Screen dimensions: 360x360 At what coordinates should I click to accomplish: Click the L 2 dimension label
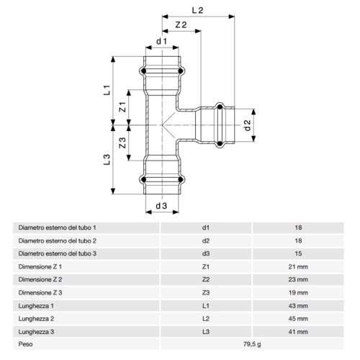point(197,10)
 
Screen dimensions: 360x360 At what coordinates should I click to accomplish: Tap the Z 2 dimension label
point(181,24)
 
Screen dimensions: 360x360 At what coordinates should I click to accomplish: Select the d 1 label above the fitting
point(161,41)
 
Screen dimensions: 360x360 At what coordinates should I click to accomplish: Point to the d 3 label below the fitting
point(161,206)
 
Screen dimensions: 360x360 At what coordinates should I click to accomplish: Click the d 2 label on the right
point(247,125)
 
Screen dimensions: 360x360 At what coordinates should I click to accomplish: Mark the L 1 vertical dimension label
point(107,90)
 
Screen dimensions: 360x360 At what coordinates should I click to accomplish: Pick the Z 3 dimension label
point(122,143)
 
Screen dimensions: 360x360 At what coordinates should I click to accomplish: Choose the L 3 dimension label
point(107,159)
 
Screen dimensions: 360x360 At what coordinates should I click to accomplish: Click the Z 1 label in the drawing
point(122,107)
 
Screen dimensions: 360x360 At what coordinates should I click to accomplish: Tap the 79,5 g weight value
point(252,344)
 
